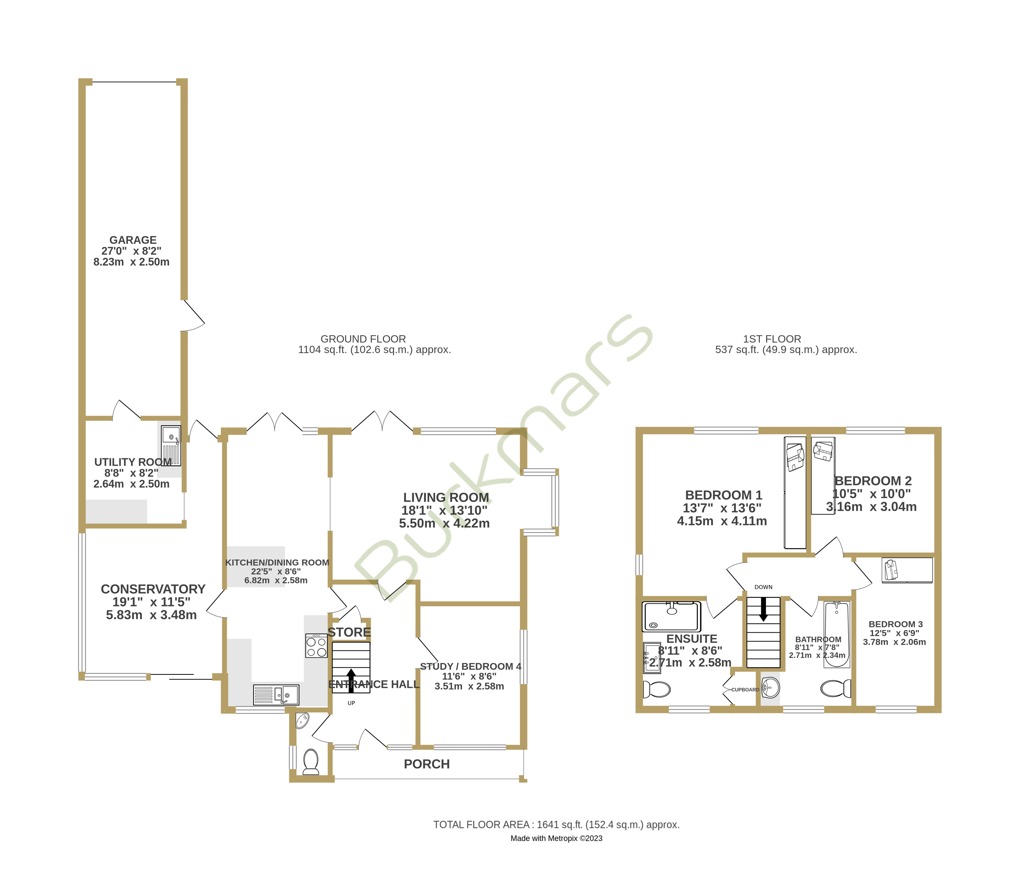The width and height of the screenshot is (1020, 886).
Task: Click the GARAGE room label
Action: click(132, 240)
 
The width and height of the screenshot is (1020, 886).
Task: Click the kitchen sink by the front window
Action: click(277, 695)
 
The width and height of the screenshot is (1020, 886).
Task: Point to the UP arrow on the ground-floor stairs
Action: click(351, 680)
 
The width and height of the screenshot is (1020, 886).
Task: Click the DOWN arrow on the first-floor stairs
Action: click(763, 609)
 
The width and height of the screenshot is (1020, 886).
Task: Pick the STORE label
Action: click(349, 632)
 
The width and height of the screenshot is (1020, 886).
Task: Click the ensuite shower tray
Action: click(671, 616)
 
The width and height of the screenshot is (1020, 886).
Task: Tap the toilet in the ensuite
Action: click(657, 689)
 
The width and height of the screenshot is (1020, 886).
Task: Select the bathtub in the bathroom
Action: click(837, 634)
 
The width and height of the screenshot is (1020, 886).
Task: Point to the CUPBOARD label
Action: click(745, 690)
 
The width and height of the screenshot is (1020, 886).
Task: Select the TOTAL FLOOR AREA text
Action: click(556, 825)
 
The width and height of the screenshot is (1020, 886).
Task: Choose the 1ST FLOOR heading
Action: click(772, 339)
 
